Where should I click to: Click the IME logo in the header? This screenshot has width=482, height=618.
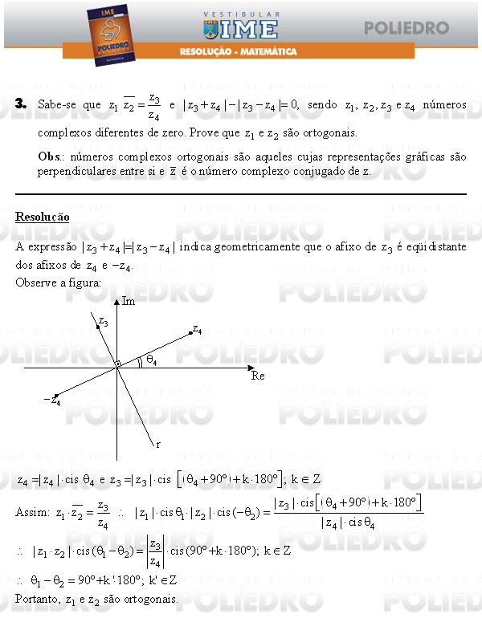coord(241,28)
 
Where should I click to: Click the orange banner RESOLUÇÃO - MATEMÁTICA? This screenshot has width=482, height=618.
coord(238,51)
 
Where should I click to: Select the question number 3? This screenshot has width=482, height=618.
coord(21,104)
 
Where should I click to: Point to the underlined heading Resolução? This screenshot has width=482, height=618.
coord(42,218)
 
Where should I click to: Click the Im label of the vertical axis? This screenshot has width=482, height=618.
coord(129,301)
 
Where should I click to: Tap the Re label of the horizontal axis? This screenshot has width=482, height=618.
coord(258,376)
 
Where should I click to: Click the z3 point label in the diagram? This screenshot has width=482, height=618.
coord(102,322)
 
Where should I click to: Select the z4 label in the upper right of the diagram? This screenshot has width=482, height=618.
coord(197,329)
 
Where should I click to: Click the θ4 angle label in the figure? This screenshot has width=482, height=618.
coord(151,360)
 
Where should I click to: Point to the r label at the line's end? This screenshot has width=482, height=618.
coord(158,443)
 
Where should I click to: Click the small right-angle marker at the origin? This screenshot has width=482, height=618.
coord(117,364)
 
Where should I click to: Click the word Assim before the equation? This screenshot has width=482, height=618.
coord(31,511)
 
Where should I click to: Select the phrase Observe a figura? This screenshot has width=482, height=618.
coord(59,283)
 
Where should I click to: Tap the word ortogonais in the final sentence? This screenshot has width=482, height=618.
coord(152,599)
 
